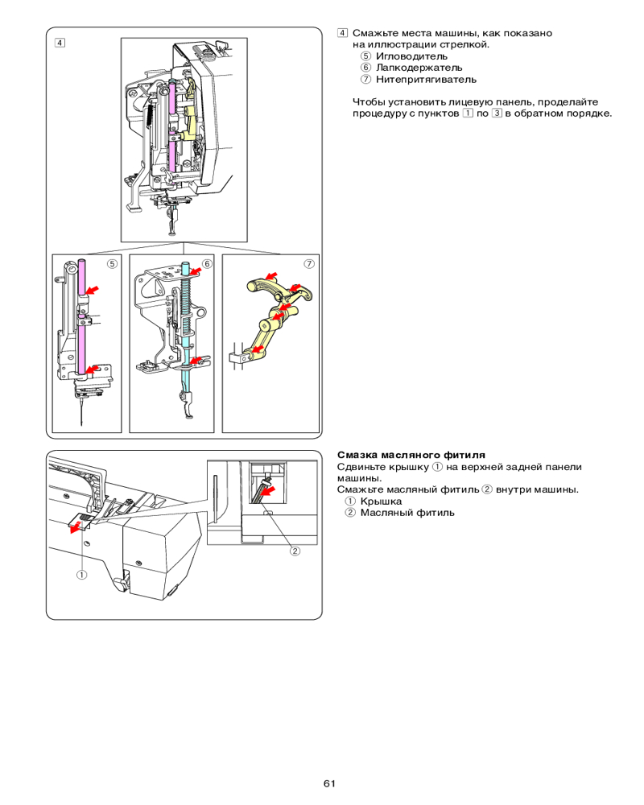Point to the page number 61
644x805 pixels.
(329, 783)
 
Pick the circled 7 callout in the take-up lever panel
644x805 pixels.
(308, 263)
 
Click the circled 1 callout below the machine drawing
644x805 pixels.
(82, 575)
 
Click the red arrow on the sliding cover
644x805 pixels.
(76, 527)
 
